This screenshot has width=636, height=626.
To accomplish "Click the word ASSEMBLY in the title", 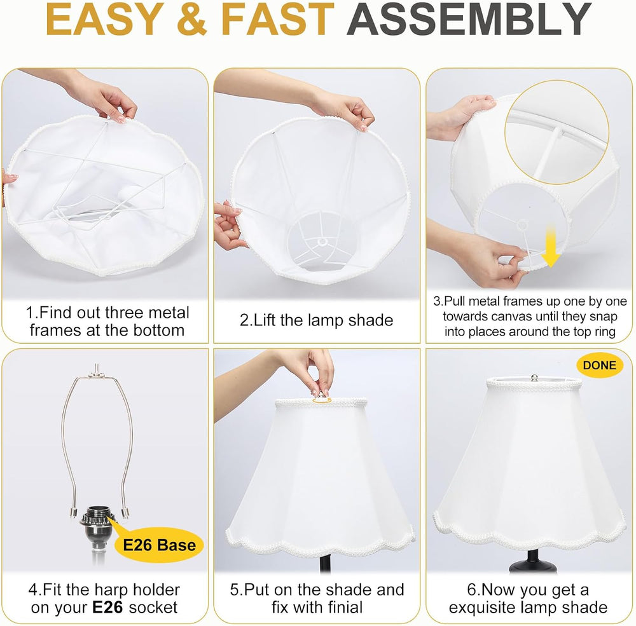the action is pos(469,20).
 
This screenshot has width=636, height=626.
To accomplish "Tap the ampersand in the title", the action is pos(192,20).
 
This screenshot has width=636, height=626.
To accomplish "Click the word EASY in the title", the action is pos(105,20).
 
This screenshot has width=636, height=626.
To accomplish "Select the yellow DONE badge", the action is pos(600,365).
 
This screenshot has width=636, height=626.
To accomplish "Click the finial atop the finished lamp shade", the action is pos(535,378).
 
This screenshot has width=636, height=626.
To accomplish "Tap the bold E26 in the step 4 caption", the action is pos(107,608).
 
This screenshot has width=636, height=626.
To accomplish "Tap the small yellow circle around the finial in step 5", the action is pos(322,400).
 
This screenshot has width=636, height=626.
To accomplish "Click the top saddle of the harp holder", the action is pos(97,372).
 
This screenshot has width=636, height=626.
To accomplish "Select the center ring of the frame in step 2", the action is pos(322,242).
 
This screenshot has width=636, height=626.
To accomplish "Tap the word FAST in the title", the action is pos(277,20).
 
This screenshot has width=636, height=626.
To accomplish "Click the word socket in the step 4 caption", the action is pos(153,608).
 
